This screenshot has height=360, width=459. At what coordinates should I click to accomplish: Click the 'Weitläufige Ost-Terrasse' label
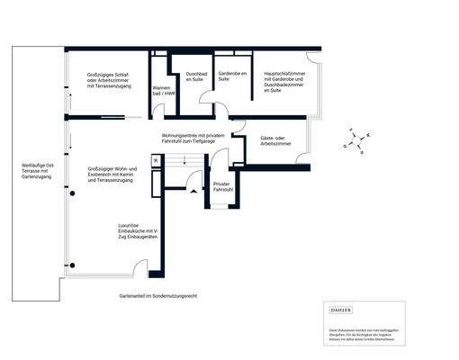coord(38,171)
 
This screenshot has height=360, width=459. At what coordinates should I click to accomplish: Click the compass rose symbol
coord(355,140)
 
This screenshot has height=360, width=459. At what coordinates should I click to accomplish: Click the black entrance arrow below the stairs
coord(193,191)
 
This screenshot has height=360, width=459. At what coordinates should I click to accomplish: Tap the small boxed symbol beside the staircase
coord(156,159)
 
